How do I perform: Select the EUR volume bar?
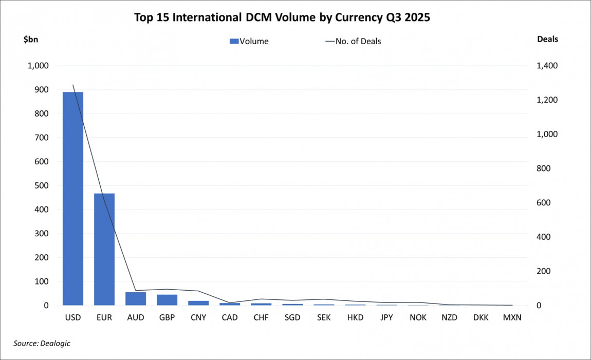point(104,250)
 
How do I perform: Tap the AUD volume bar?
point(136,299)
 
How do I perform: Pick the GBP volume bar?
point(167,300)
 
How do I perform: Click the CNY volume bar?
point(198,303)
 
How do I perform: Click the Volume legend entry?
point(249,41)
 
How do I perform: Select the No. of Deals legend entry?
point(353,41)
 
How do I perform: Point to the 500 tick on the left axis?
point(42,185)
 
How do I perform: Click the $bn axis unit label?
point(30,39)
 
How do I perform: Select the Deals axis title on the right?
point(547,39)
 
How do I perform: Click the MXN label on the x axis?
point(512,317)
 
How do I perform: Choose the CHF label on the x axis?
point(261,317)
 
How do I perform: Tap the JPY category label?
point(386,317)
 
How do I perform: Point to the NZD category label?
point(449,317)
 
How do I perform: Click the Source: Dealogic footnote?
point(42,343)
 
